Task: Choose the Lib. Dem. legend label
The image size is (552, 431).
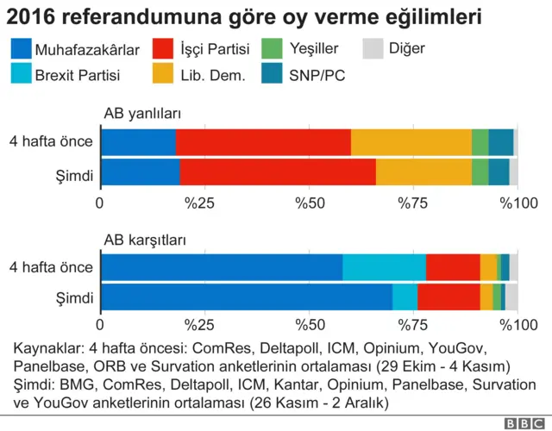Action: click(x=213, y=75)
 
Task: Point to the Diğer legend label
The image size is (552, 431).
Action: click(x=406, y=49)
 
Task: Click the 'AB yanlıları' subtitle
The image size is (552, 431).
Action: click(x=141, y=114)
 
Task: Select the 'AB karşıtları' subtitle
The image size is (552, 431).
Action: click(x=145, y=240)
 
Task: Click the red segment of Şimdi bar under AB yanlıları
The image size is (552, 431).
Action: click(x=278, y=172)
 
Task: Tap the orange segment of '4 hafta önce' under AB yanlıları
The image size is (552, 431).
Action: click(x=411, y=142)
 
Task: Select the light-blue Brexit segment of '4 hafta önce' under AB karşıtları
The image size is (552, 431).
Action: click(x=384, y=267)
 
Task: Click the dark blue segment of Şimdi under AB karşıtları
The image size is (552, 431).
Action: click(x=246, y=297)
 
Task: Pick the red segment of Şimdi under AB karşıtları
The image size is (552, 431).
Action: click(x=448, y=297)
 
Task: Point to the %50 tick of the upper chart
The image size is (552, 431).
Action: click(x=309, y=203)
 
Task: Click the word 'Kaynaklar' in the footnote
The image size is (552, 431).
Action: click(x=45, y=349)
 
